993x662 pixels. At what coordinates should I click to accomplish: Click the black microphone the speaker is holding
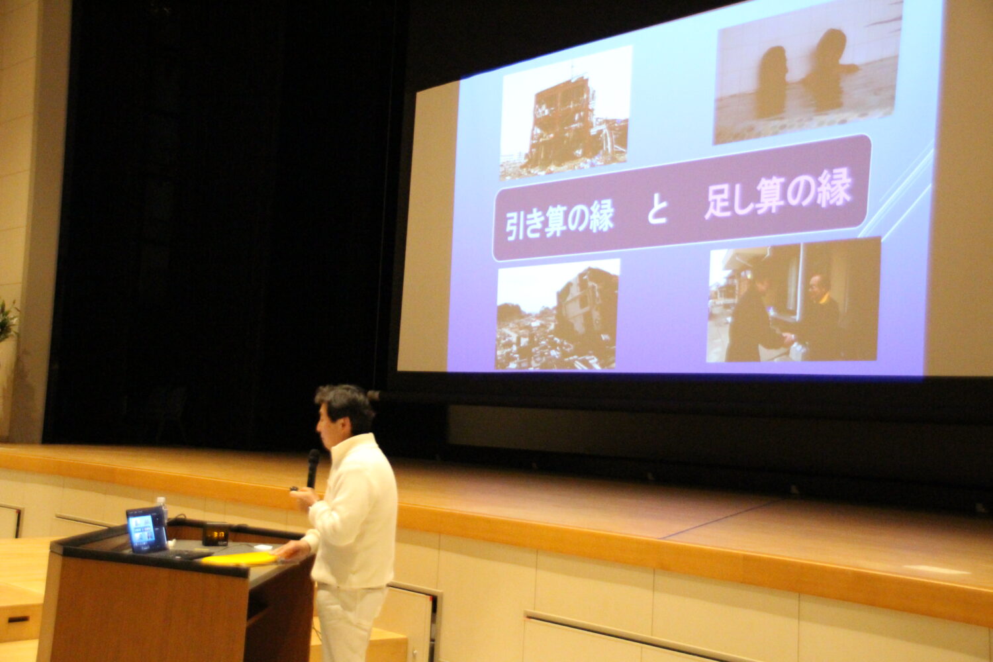click(312, 468)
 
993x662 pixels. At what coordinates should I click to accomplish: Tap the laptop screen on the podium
click(146, 529)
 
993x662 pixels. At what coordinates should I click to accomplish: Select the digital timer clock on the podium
click(216, 535)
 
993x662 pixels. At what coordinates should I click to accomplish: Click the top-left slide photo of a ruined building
click(565, 113)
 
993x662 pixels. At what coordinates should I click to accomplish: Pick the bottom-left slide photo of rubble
click(557, 314)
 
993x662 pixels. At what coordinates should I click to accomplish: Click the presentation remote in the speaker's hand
click(295, 489)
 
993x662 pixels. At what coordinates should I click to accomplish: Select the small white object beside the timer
click(262, 547)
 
